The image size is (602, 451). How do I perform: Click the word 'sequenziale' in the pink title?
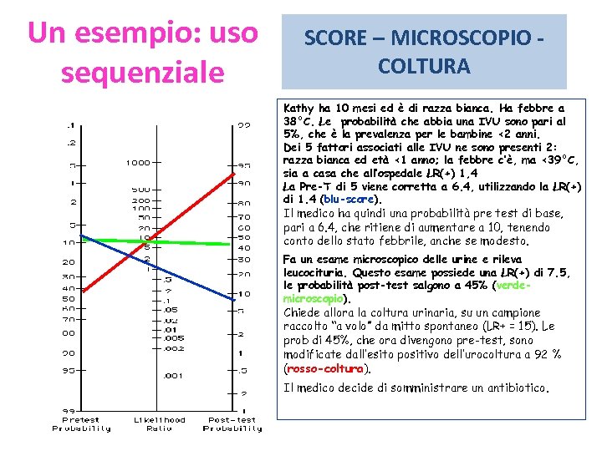coord(143,73)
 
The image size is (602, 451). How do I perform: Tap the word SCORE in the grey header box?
coord(335,38)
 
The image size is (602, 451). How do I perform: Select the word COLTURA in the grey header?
coord(424,65)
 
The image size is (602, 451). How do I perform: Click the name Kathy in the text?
coord(298,109)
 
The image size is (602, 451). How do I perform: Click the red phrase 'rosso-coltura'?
coord(326,368)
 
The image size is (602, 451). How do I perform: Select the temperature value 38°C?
coord(298,121)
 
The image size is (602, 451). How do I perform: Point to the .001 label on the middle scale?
coord(173,376)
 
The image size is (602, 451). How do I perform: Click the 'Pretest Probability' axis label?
coord(81,424)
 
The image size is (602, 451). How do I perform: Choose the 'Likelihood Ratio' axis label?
coord(160,424)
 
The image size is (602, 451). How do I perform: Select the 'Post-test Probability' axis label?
coord(232,424)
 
